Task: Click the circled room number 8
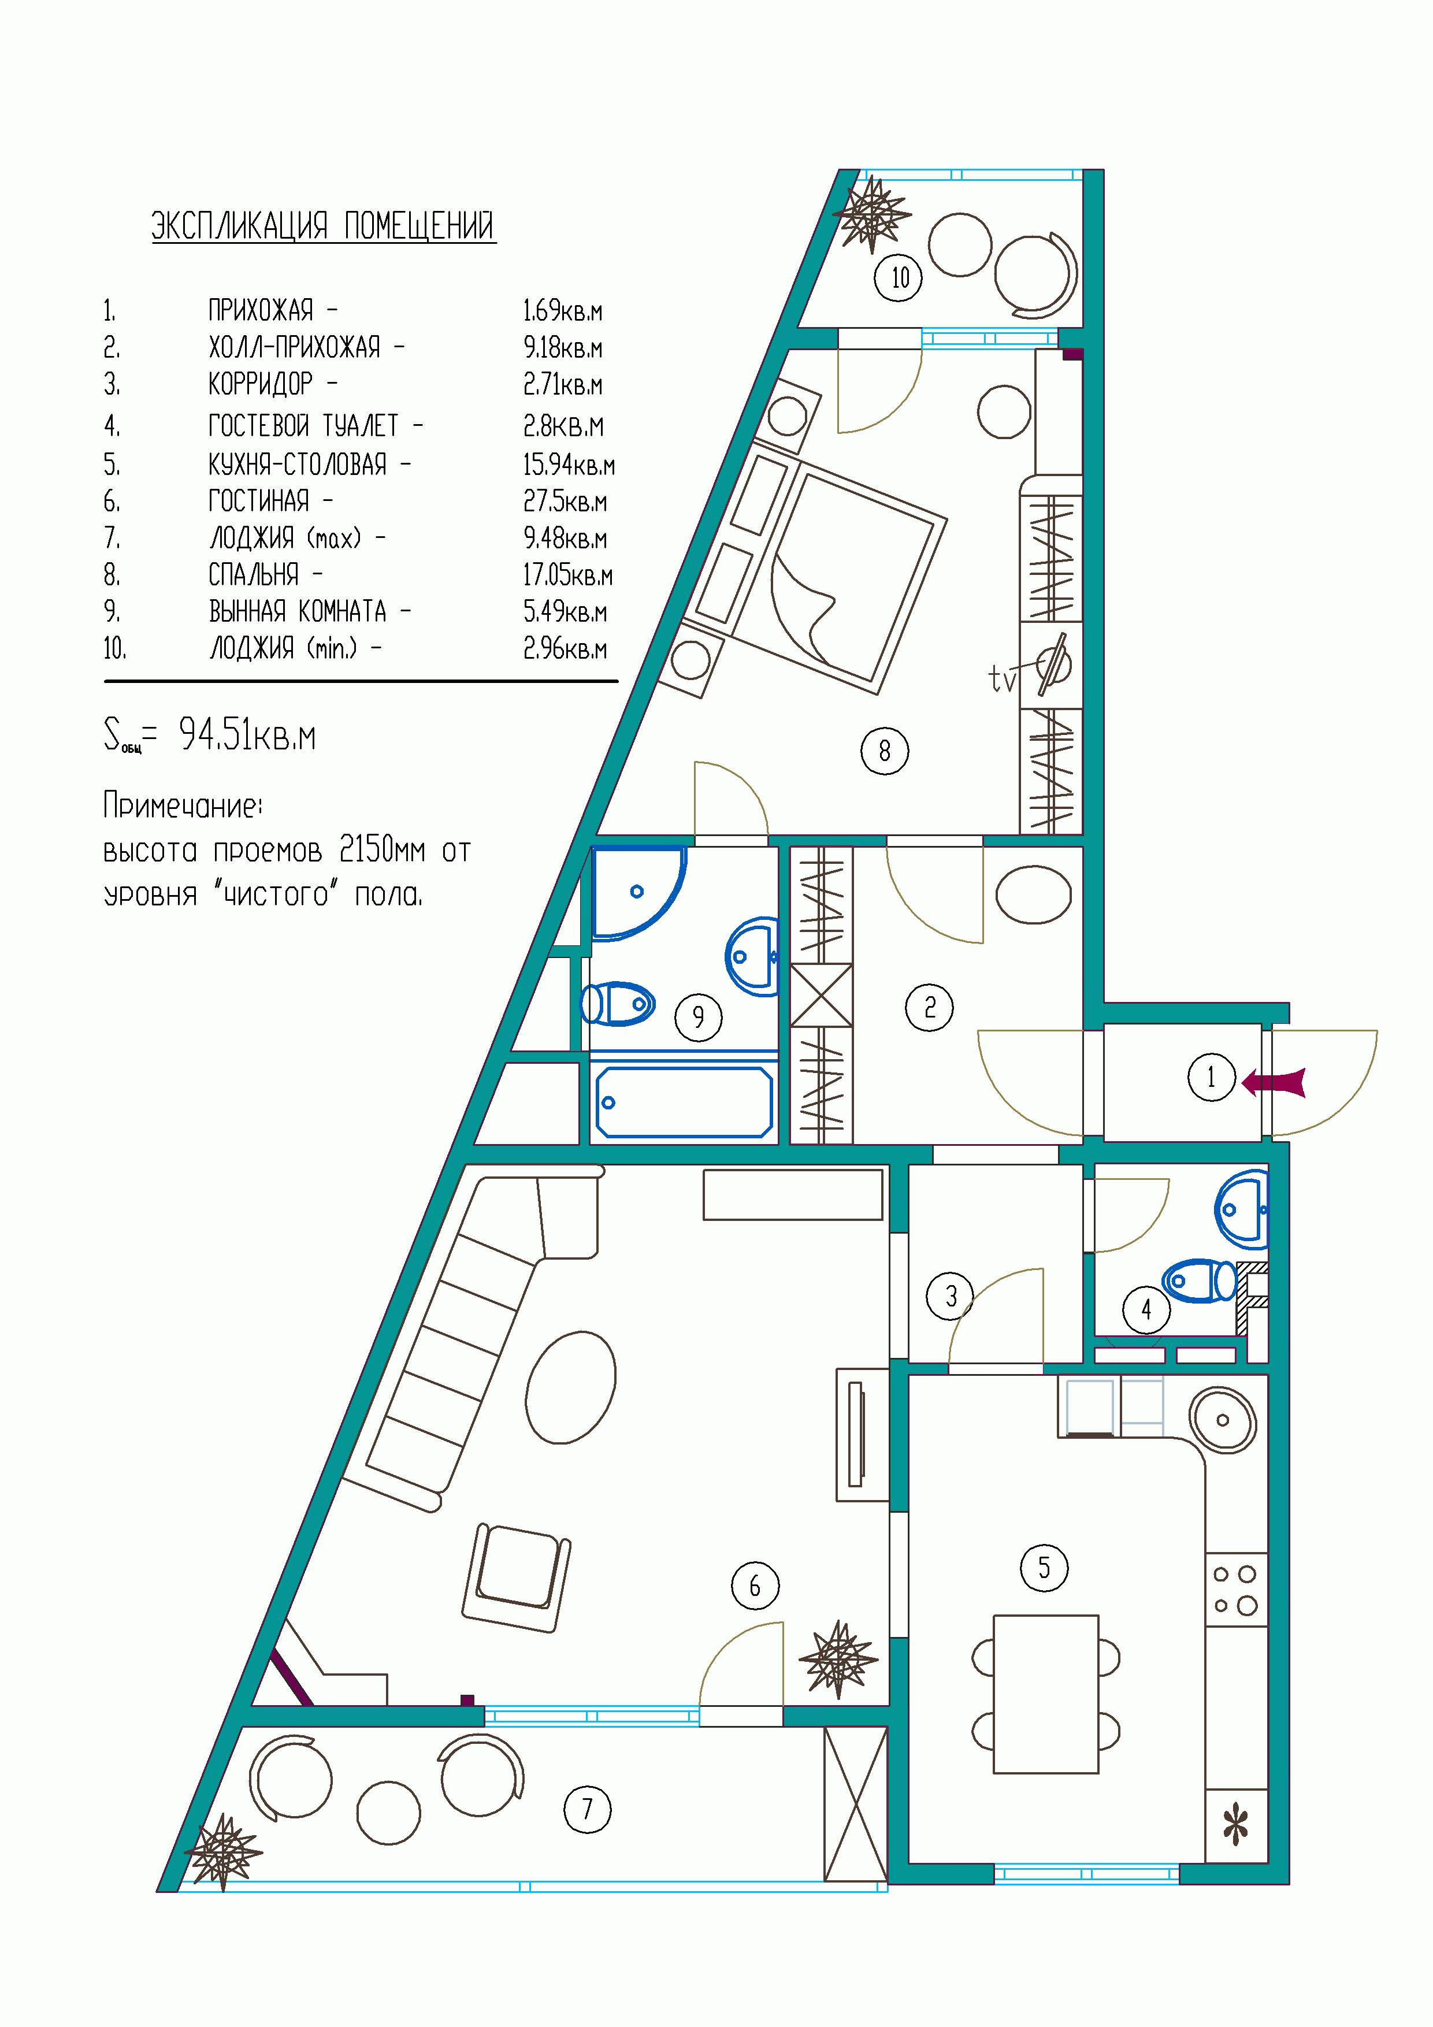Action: pyautogui.click(x=884, y=751)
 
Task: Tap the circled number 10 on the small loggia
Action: pyautogui.click(x=898, y=278)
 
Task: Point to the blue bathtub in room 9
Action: pyautogui.click(x=684, y=1102)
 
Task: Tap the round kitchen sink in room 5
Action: pyautogui.click(x=1222, y=1420)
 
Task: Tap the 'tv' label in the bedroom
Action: pyautogui.click(x=1002, y=679)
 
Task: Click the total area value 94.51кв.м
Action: pyautogui.click(x=247, y=734)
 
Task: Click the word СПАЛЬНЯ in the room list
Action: pyautogui.click(x=254, y=575)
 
